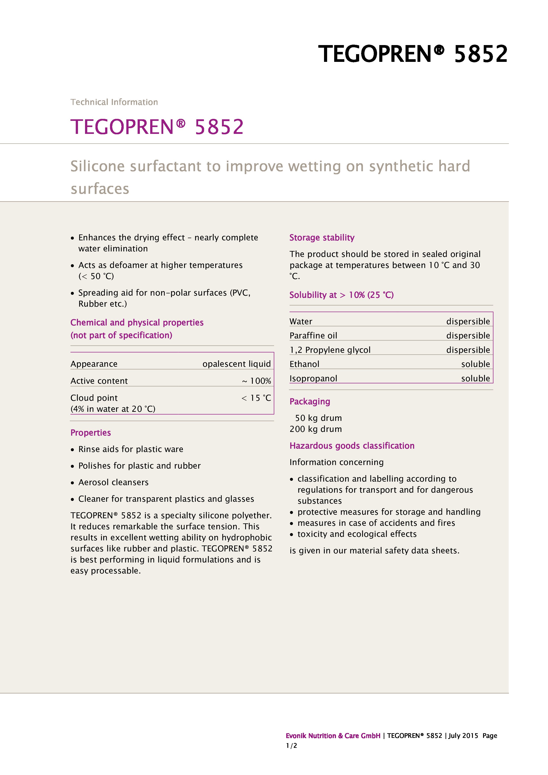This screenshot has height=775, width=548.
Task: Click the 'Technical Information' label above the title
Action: coord(114,102)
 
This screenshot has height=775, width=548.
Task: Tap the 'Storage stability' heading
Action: coord(322,238)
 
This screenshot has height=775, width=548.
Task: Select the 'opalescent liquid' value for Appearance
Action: coord(237,364)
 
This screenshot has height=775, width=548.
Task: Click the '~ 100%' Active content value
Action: coord(256,381)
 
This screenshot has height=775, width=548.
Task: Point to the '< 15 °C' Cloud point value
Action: coord(256,398)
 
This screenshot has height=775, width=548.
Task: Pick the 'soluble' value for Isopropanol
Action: coord(476,378)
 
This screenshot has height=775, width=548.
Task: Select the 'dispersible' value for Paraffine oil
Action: coord(468,336)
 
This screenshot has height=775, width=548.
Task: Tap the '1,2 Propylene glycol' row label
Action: coord(330,350)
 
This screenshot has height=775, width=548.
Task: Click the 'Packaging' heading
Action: coord(309,402)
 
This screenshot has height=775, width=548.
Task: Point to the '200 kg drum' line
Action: coord(315,429)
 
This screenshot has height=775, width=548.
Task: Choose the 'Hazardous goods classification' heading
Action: coord(352,446)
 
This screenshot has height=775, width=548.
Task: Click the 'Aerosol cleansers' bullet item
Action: coord(113,482)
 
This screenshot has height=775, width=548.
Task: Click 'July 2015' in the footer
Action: coord(463,736)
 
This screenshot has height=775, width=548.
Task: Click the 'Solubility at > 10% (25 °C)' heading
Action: coord(341,295)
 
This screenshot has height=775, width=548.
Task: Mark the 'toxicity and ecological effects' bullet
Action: coord(357,534)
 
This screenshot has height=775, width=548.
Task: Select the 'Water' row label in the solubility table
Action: coord(301,321)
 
